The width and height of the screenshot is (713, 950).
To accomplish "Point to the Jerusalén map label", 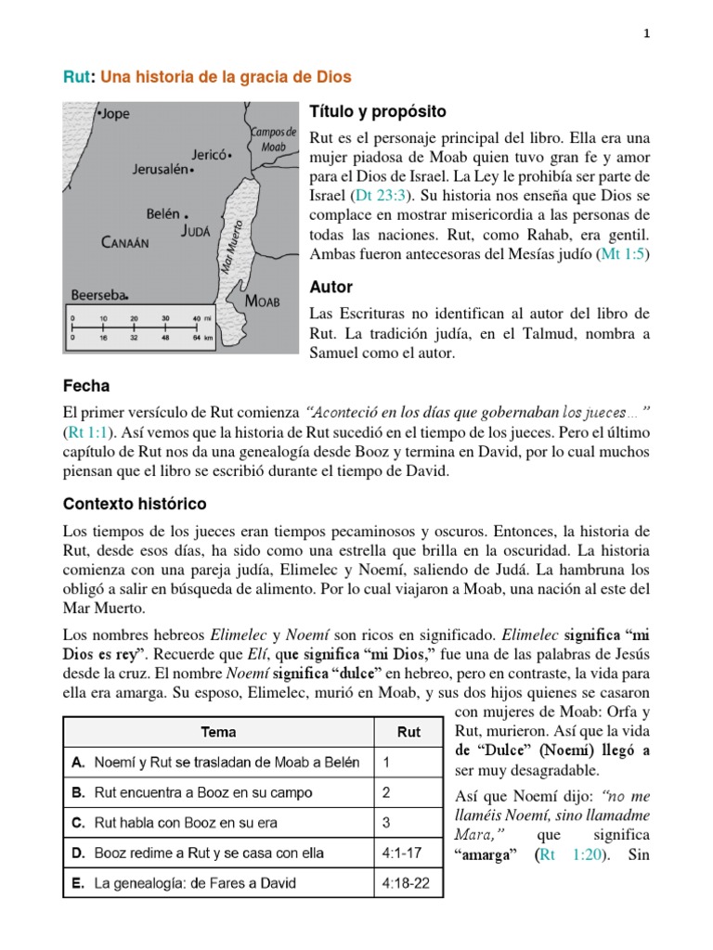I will pyautogui.click(x=155, y=171).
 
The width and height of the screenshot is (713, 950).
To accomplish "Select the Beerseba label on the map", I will pyautogui.click(x=97, y=295).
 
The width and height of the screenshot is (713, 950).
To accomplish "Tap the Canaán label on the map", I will pyautogui.click(x=124, y=243).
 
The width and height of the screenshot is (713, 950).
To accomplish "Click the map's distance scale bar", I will pyautogui.click(x=145, y=327).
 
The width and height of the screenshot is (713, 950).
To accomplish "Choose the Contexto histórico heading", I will pyautogui.click(x=135, y=504).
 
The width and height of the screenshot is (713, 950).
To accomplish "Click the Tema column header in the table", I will pyautogui.click(x=218, y=732).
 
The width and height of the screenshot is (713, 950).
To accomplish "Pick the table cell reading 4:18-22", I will pyautogui.click(x=407, y=884).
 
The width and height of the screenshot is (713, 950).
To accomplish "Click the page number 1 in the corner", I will pyautogui.click(x=646, y=33).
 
